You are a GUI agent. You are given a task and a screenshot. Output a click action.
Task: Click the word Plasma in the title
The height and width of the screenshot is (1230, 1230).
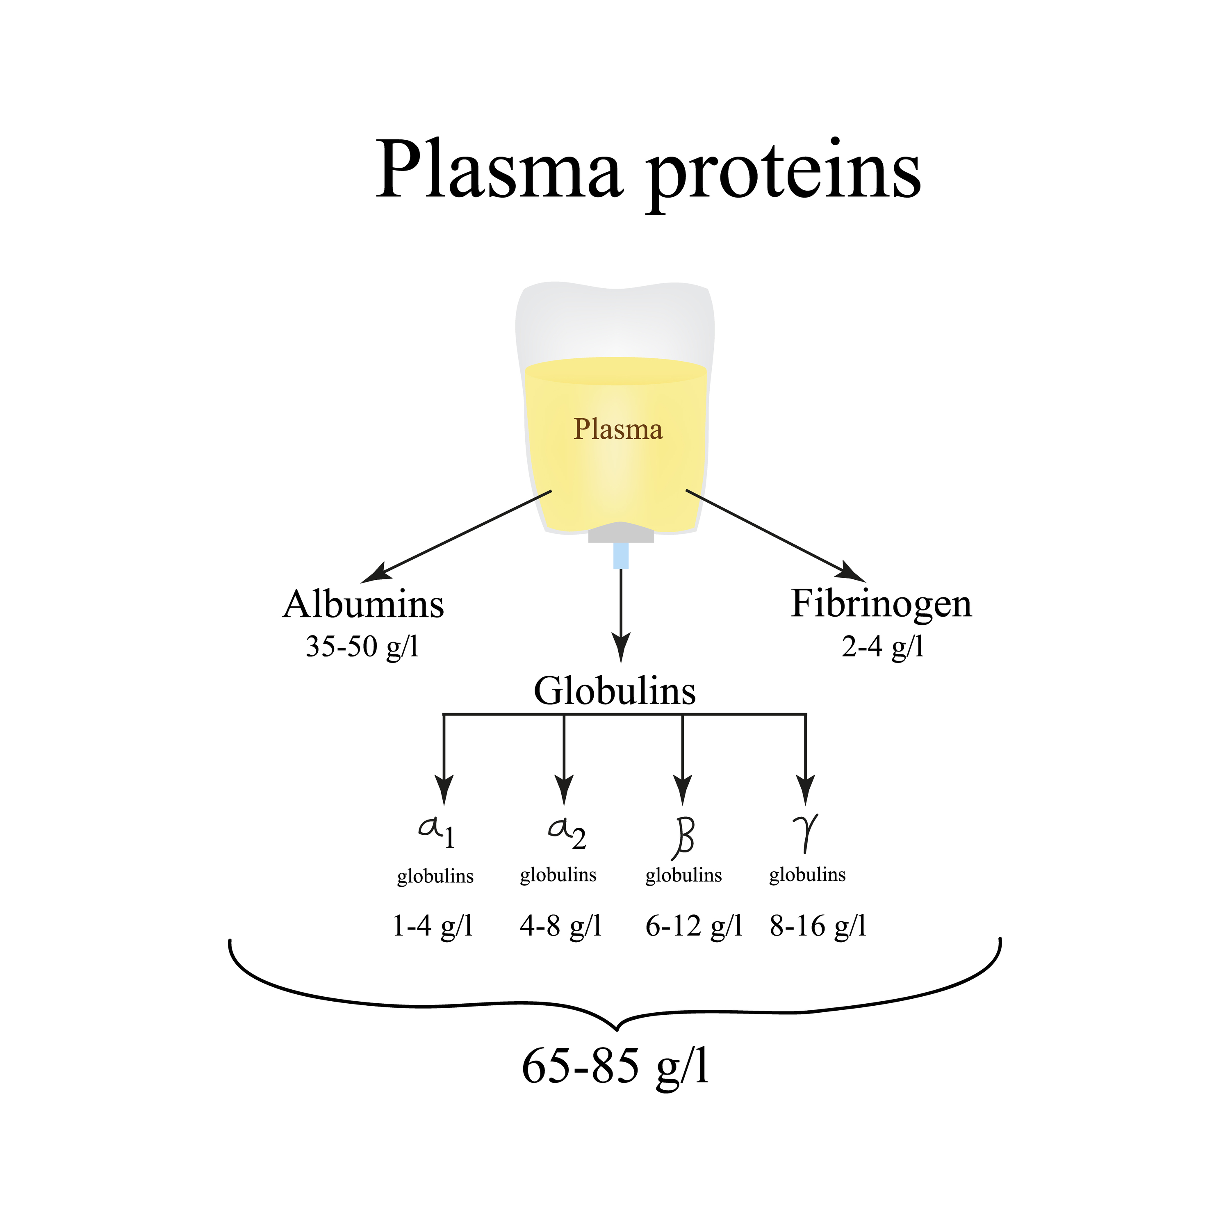click(499, 169)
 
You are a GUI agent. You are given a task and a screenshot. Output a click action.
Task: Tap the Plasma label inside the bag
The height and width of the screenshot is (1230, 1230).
click(617, 430)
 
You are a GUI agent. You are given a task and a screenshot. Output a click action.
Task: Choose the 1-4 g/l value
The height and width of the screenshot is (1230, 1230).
click(433, 926)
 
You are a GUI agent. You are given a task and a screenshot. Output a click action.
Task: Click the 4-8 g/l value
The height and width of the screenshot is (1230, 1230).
click(560, 926)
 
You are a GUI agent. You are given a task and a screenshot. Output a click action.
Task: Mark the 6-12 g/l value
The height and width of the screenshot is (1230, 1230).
click(694, 926)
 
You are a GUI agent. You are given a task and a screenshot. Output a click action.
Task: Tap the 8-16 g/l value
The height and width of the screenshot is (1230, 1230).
click(818, 926)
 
